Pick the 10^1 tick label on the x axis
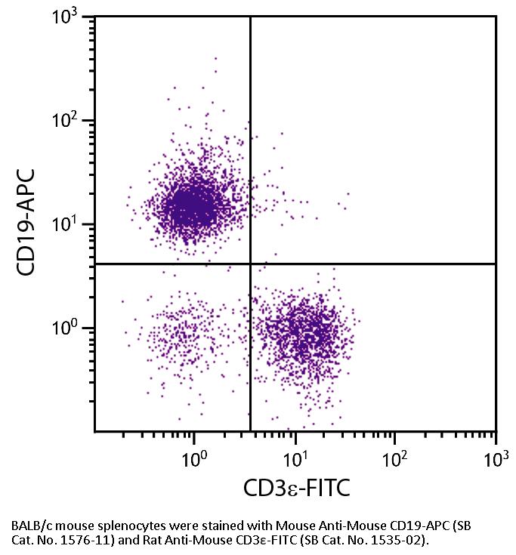pyautogui.click(x=295, y=456)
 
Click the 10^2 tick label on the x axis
pyautogui.click(x=396, y=456)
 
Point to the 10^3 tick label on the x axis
pyautogui.click(x=496, y=456)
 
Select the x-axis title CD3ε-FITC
pyautogui.click(x=296, y=489)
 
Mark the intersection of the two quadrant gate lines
pyautogui.click(x=250, y=264)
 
